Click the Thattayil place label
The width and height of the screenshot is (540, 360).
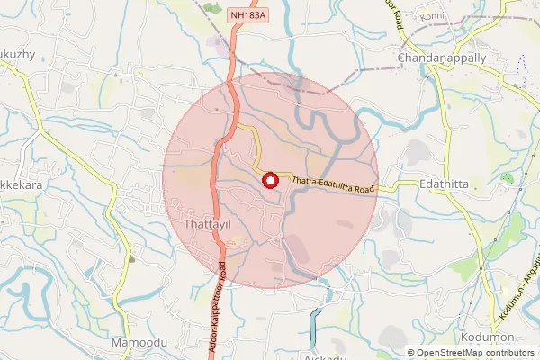pyautogui.click(x=210, y=222)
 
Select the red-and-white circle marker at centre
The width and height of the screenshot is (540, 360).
pyautogui.click(x=269, y=180)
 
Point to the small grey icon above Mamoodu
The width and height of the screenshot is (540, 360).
pyautogui.click(x=131, y=258)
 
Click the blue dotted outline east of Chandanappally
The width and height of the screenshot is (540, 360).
pyautogui.click(x=521, y=67)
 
